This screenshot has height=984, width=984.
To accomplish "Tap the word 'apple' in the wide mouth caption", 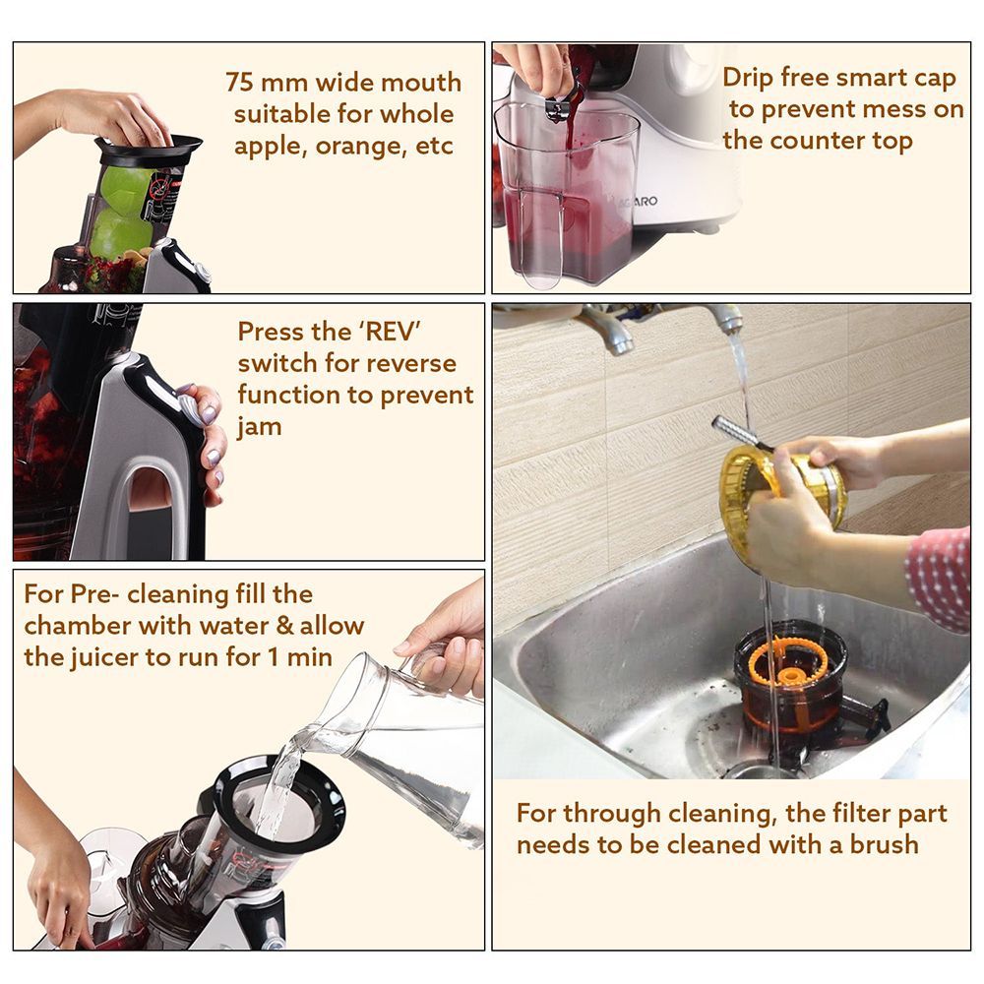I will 273,147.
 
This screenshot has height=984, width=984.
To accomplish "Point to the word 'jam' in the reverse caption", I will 259,427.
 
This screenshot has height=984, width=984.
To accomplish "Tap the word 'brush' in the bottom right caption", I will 882,844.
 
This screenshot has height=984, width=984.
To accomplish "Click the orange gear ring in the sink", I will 788,661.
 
